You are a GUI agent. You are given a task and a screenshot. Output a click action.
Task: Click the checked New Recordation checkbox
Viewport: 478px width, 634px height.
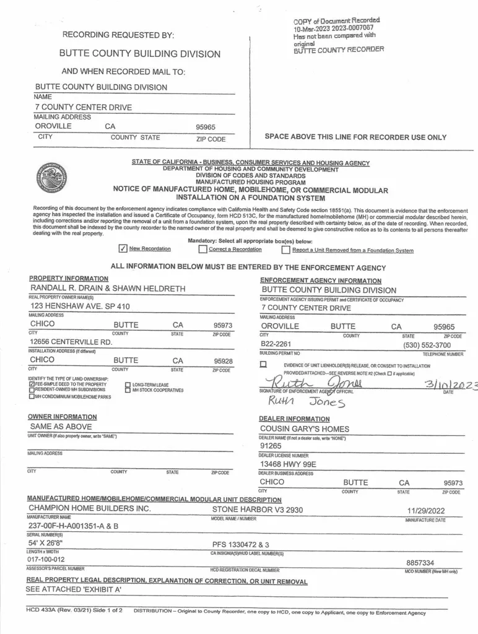(123, 249)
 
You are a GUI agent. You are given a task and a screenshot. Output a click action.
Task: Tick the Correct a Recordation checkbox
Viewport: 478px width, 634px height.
(202, 250)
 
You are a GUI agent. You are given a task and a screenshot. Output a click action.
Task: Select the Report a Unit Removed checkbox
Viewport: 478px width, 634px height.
(285, 250)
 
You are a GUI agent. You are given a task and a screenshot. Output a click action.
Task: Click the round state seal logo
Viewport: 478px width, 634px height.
(51, 177)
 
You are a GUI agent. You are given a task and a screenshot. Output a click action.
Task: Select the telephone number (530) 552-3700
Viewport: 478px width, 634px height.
(427, 344)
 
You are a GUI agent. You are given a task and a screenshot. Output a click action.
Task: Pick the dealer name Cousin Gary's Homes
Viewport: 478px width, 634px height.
(304, 428)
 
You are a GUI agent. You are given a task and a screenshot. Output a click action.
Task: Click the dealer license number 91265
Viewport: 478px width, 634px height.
(271, 446)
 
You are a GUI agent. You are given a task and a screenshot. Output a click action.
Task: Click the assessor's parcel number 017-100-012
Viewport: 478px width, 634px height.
(51, 558)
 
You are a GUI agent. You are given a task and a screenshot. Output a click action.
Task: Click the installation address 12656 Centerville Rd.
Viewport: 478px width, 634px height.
(71, 341)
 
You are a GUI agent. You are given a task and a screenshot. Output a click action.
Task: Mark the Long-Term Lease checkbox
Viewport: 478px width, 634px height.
(128, 384)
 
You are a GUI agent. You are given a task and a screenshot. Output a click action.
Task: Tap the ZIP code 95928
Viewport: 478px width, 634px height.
(222, 360)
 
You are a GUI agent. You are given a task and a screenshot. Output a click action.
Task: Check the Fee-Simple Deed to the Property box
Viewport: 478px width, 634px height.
(32, 384)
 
